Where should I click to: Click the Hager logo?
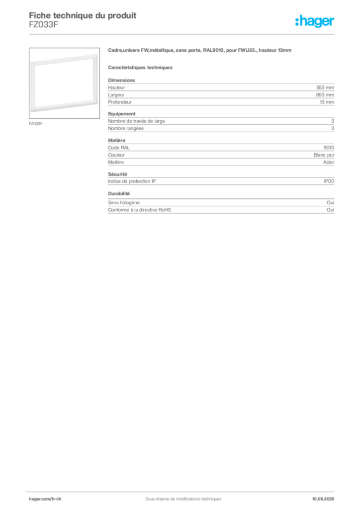(x=315, y=21)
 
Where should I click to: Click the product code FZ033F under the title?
(x=43, y=25)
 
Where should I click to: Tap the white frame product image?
(x=64, y=83)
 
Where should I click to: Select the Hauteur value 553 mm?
(x=325, y=87)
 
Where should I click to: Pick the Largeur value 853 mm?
(x=325, y=95)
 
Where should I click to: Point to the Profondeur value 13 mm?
(x=327, y=102)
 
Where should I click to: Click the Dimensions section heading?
(x=121, y=80)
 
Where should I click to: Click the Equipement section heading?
(x=122, y=114)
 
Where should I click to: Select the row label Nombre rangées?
(x=126, y=128)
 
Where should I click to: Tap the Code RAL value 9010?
(x=329, y=148)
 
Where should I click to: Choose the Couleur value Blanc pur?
(x=324, y=155)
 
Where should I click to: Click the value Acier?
(x=329, y=162)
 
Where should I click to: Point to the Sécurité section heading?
(x=117, y=174)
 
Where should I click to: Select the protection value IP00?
(x=329, y=181)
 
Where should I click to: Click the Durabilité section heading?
(x=119, y=193)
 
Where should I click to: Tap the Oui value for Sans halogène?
(x=330, y=203)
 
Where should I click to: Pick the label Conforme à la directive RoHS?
(x=139, y=210)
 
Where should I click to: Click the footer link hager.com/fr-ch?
(x=45, y=499)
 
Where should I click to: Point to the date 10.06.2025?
(x=323, y=499)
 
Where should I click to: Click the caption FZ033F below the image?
(x=36, y=124)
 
